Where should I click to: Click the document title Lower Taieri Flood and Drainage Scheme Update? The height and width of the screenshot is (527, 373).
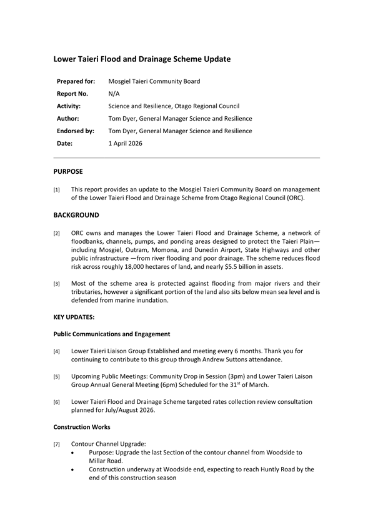point(142,59)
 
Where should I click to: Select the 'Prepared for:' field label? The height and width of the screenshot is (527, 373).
point(76,82)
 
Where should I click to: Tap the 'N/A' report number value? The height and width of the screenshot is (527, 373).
point(114,94)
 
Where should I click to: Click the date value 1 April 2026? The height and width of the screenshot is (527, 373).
point(125,143)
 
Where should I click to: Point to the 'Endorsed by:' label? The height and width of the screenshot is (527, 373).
point(75,131)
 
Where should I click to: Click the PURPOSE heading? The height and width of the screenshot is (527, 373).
point(68,171)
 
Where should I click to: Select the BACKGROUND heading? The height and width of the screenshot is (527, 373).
point(76,215)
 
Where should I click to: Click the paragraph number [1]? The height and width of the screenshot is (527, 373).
point(57,189)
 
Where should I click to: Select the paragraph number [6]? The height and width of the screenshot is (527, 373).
point(57,403)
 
